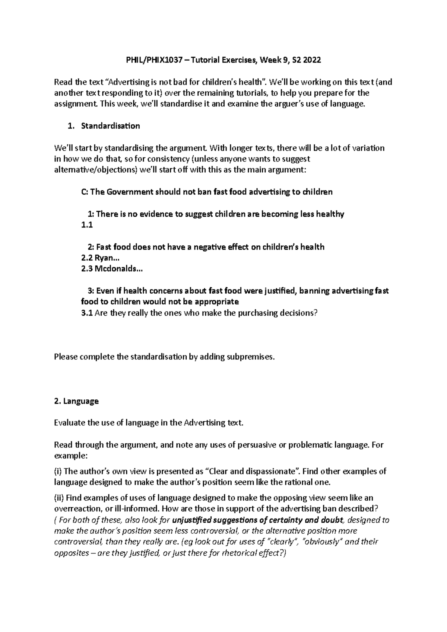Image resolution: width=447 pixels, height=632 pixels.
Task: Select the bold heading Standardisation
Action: (110, 126)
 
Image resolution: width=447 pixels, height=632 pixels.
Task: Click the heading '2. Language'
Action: (76, 401)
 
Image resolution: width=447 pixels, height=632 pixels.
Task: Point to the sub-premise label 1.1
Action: (86, 225)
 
